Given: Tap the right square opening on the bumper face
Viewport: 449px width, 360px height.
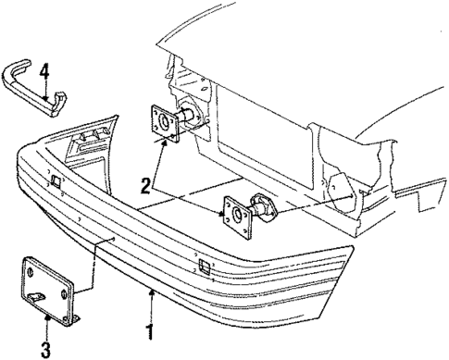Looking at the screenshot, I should tap(203, 268).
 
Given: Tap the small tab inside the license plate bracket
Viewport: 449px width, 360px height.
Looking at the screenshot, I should tap(37, 295).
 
